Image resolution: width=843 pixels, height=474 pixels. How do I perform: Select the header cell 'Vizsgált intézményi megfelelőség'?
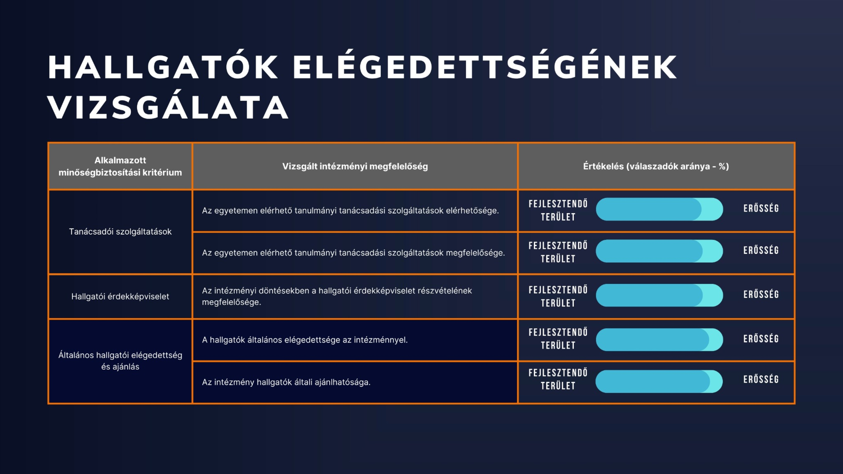355,166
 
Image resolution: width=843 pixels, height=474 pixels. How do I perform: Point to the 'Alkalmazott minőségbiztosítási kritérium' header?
120,166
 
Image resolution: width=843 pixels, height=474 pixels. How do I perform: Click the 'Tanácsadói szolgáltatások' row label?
120,232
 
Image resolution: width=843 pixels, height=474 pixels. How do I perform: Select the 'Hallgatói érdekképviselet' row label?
120,296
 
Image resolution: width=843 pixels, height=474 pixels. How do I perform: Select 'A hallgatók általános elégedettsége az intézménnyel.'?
305,340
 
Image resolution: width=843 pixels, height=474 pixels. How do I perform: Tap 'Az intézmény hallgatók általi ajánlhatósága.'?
286,382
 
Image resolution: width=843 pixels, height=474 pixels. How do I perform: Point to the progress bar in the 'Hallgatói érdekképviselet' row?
659,295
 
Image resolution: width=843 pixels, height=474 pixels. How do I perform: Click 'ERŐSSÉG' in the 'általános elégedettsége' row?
761,339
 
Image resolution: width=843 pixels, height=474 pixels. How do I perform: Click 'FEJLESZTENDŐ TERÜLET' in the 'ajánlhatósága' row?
558,379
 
